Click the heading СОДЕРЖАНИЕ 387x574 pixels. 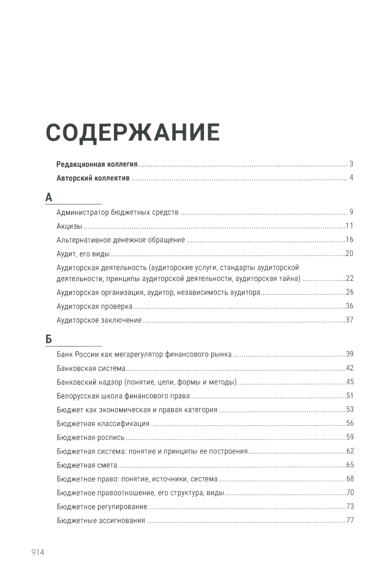pos(133,132)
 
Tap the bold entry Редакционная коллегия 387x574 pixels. pos(97,164)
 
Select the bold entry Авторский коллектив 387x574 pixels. pos(93,178)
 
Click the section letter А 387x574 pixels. pos(49,198)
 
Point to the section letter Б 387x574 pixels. pos(49,339)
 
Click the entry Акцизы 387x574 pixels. pos(69,226)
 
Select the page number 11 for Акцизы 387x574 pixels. pos(349,226)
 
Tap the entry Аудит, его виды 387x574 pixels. pos(83,254)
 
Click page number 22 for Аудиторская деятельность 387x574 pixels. pos(350,278)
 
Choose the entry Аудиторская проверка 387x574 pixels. pos(94,306)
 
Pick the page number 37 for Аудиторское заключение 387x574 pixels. pos(350,320)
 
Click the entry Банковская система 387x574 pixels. pos(91,368)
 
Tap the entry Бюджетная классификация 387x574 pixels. pos(103,424)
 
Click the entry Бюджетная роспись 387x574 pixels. pos(91,438)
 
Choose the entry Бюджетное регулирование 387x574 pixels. pos(102,507)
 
